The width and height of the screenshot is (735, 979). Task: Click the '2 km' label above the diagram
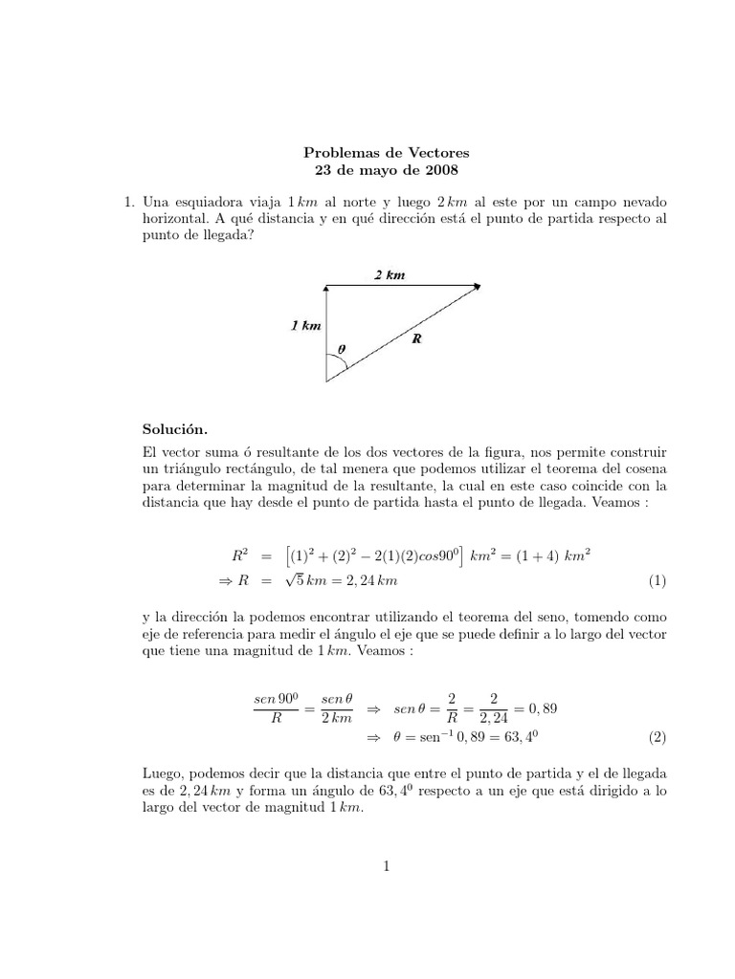click(390, 275)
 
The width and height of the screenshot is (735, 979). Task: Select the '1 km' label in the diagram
click(306, 326)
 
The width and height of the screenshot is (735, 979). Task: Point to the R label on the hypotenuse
click(416, 338)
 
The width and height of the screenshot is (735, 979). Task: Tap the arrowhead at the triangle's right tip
click(477, 285)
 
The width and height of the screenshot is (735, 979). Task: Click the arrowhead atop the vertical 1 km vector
click(327, 287)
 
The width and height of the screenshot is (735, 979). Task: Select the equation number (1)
click(657, 580)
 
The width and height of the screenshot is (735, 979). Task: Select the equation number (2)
click(657, 737)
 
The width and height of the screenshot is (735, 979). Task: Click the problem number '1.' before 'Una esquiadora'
click(121, 203)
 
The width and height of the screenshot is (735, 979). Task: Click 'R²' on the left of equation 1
click(240, 555)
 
